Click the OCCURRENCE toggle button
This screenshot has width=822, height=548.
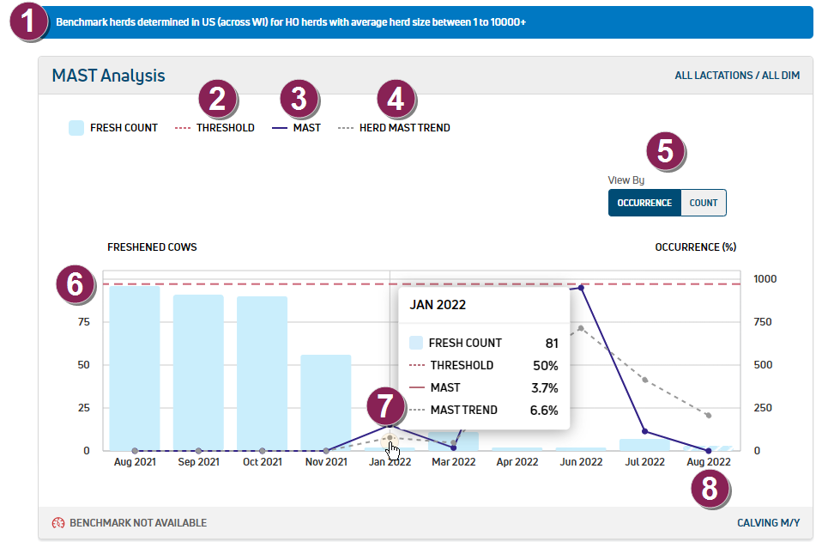(x=644, y=203)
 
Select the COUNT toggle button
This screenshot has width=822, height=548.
(x=703, y=203)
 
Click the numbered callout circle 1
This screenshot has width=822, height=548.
(x=32, y=21)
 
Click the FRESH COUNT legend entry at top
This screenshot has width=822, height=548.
(x=113, y=128)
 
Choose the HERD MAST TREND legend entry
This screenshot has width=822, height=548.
(x=394, y=128)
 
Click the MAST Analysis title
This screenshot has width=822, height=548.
(x=108, y=76)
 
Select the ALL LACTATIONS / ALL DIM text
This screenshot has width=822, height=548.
(x=737, y=76)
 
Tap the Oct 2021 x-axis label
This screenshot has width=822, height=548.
(x=262, y=461)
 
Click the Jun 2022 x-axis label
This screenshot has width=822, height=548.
(x=581, y=461)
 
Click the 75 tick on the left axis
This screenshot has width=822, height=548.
(x=82, y=322)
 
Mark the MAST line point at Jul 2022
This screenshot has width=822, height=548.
(x=644, y=431)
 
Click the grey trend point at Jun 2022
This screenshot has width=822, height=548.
(x=581, y=328)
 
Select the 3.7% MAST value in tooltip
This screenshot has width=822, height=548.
(x=544, y=387)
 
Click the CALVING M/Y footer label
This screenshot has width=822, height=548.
(x=768, y=523)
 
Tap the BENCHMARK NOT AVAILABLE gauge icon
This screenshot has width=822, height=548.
(x=58, y=523)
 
